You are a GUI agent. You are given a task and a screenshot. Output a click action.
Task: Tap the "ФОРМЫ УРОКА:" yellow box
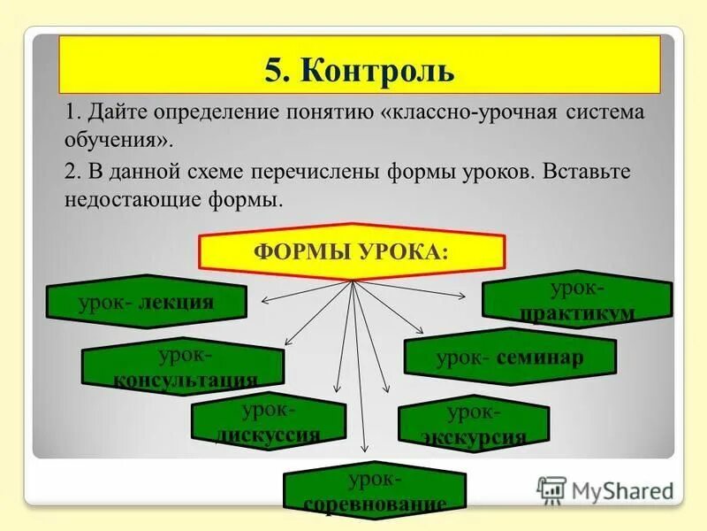(x=352, y=251)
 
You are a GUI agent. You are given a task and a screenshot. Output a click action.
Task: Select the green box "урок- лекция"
(x=146, y=302)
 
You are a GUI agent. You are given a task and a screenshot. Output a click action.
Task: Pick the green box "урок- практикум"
(x=577, y=298)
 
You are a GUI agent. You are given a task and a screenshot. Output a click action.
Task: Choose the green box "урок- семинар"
(x=510, y=358)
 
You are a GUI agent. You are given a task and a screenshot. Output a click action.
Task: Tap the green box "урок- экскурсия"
(x=474, y=424)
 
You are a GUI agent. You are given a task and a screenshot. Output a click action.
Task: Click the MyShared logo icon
(x=551, y=489)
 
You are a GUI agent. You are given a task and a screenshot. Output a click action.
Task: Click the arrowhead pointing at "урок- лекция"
(x=263, y=301)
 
